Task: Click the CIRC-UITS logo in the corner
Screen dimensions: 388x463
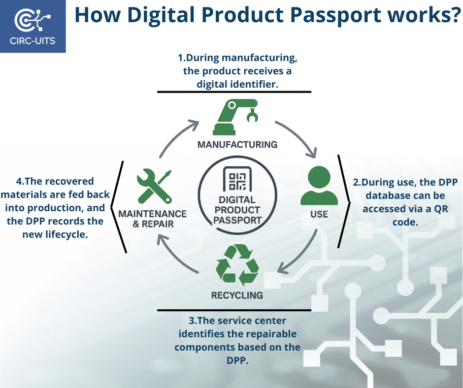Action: [33, 26]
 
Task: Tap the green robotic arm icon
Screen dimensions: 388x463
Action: [236, 117]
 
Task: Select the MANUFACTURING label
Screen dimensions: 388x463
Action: [237, 145]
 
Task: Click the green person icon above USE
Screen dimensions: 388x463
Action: [319, 186]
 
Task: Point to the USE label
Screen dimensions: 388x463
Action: [319, 214]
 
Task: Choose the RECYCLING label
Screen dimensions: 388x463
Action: [237, 295]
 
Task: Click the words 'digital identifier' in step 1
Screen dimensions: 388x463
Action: [237, 84]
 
